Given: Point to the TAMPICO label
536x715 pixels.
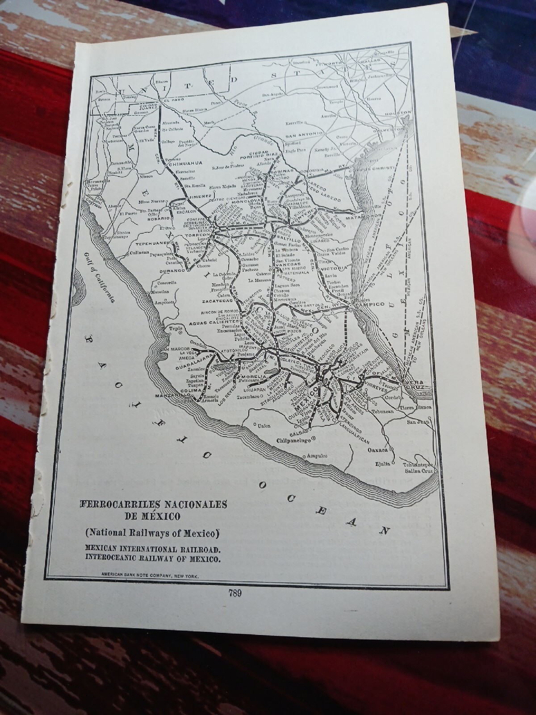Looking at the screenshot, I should [x=370, y=304].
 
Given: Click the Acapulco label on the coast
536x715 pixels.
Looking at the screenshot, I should [x=316, y=456].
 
